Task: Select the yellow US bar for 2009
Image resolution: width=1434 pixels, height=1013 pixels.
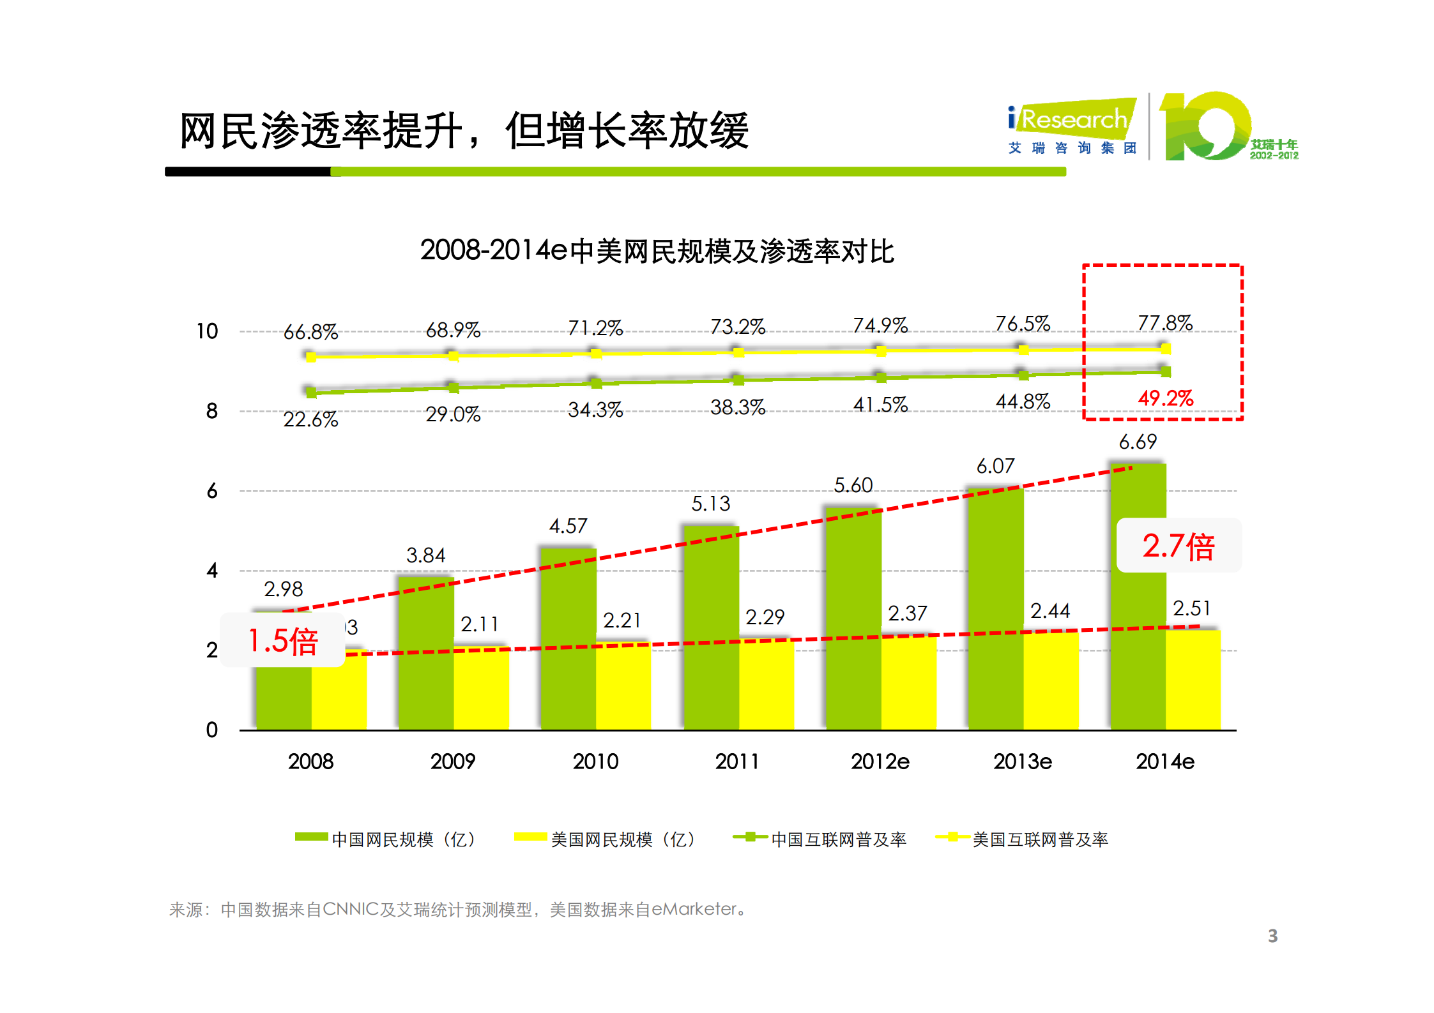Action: pyautogui.click(x=481, y=689)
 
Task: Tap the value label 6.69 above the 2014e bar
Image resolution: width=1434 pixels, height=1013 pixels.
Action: pyautogui.click(x=1137, y=442)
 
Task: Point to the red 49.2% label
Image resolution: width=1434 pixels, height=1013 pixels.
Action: pyautogui.click(x=1165, y=398)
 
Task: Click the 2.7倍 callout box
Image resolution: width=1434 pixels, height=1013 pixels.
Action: pyautogui.click(x=1178, y=546)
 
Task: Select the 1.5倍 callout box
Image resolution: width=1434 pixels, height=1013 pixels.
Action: pyautogui.click(x=282, y=640)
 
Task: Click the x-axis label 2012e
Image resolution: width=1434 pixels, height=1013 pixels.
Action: pyautogui.click(x=880, y=762)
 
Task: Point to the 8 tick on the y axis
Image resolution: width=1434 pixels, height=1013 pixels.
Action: pyautogui.click(x=211, y=411)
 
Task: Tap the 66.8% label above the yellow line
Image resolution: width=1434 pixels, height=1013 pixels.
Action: pyautogui.click(x=310, y=332)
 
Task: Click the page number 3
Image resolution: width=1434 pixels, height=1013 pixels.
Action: pyautogui.click(x=1272, y=936)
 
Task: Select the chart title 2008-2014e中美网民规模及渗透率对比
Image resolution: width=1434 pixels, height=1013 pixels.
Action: pyautogui.click(x=657, y=251)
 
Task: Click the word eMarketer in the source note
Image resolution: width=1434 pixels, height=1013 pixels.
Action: pyautogui.click(x=694, y=909)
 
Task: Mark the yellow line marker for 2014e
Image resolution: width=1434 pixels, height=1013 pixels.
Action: pyautogui.click(x=1165, y=349)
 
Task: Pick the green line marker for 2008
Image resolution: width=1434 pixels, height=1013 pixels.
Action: pyautogui.click(x=311, y=392)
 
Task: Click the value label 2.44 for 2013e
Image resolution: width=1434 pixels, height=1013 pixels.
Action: pyautogui.click(x=1049, y=611)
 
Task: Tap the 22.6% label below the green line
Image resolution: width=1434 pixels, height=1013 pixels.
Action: pyautogui.click(x=310, y=419)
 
